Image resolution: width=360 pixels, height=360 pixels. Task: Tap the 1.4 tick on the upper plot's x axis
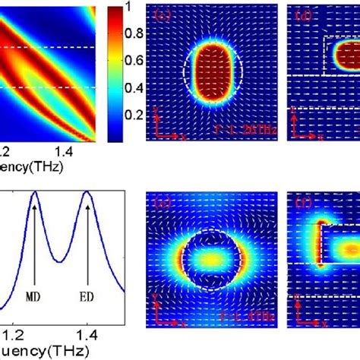tap(76, 153)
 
